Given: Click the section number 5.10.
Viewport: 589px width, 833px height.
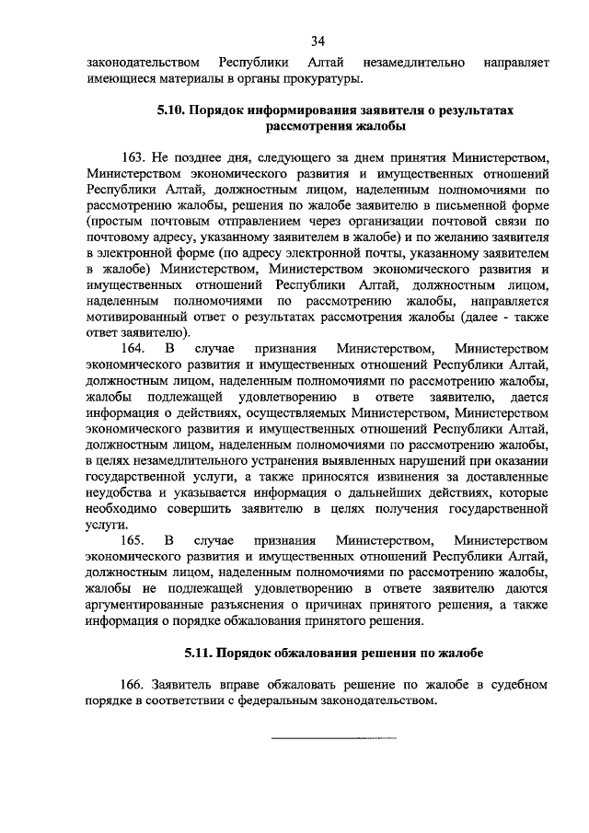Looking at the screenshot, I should [x=172, y=110].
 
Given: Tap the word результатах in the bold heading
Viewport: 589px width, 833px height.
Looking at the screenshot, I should [x=474, y=110].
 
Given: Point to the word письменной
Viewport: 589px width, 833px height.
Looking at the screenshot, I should [x=457, y=206].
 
